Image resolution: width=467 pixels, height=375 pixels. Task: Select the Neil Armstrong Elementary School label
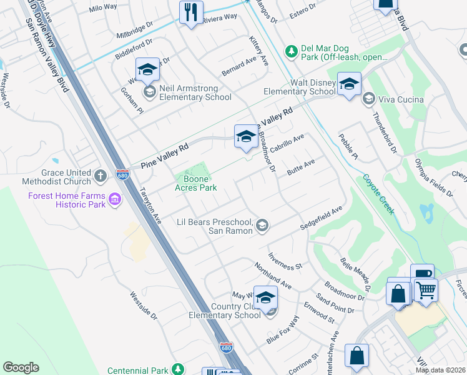pyautogui.click(x=195, y=92)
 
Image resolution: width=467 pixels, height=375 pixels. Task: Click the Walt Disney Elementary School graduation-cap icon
pyautogui.click(x=349, y=84)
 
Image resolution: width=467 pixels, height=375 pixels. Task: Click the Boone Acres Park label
pyautogui.click(x=195, y=183)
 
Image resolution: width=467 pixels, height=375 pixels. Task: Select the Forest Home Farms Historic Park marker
pyautogui.click(x=114, y=200)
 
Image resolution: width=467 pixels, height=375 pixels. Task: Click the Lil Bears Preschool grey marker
pyautogui.click(x=263, y=225)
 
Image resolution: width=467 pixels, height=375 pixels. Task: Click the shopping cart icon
pyautogui.click(x=426, y=289)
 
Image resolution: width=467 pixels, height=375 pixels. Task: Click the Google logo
pyautogui.click(x=21, y=367)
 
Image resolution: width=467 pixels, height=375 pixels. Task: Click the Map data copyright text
pyautogui.click(x=440, y=370)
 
